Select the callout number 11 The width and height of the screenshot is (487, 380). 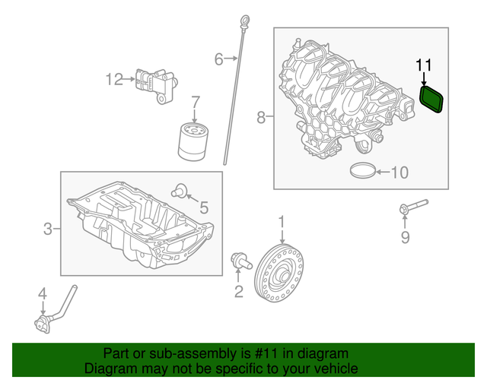[x=424, y=65]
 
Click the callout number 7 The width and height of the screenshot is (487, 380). [x=195, y=101]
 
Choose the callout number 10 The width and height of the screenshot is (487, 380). [x=399, y=173]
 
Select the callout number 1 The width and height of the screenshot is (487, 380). [x=281, y=222]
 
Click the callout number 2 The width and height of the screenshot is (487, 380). [x=238, y=291]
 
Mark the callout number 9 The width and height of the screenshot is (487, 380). [x=405, y=239]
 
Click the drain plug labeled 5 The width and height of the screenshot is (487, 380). [x=180, y=189]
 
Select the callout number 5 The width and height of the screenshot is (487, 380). [x=203, y=207]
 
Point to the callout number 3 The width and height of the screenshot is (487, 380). [x=48, y=228]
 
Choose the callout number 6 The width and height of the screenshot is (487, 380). [x=218, y=59]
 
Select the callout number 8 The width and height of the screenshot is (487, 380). [x=261, y=118]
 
